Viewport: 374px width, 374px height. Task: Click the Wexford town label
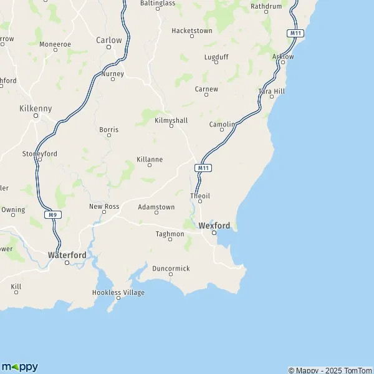(x=214, y=225)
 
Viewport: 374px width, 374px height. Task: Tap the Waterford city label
(x=67, y=255)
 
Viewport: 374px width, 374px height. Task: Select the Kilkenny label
(x=36, y=108)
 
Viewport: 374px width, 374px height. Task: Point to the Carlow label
(x=109, y=40)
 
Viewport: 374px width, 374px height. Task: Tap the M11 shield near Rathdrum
(x=294, y=32)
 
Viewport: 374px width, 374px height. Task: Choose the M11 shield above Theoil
(x=203, y=168)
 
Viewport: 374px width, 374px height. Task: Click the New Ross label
(x=103, y=206)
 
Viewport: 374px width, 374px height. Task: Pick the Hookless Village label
(x=118, y=292)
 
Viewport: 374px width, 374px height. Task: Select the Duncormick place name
(x=171, y=269)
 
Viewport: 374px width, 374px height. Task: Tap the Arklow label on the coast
(x=283, y=56)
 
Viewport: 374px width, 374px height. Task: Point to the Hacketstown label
(x=192, y=30)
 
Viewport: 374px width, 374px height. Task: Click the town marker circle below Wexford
(x=214, y=233)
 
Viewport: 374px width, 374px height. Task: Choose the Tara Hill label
(x=271, y=91)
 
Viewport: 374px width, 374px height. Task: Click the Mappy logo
(x=19, y=367)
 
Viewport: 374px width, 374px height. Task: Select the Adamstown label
(x=156, y=206)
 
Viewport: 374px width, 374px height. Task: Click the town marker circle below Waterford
(x=67, y=263)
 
